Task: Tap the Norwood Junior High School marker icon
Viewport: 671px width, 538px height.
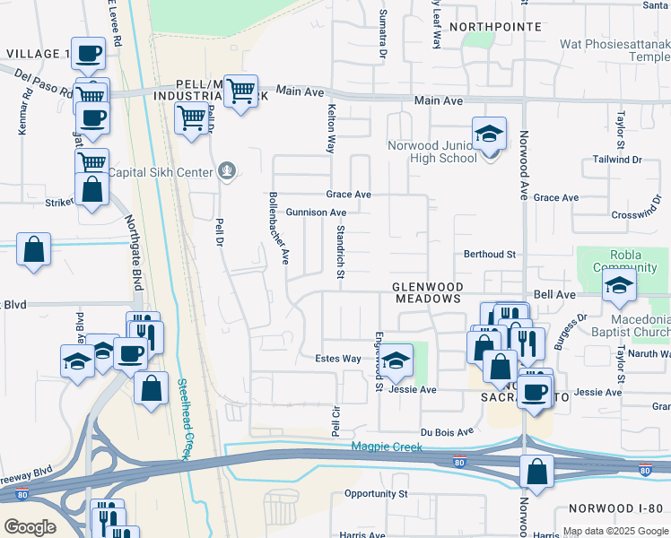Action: pyautogui.click(x=489, y=134)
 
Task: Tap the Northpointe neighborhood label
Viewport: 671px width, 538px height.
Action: pyautogui.click(x=495, y=27)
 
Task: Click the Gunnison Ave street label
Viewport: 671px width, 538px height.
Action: pyautogui.click(x=316, y=213)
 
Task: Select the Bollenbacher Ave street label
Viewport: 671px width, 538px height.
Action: pyautogui.click(x=279, y=228)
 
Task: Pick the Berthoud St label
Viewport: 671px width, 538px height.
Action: pyautogui.click(x=489, y=255)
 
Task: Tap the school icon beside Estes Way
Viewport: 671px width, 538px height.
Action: pyautogui.click(x=394, y=360)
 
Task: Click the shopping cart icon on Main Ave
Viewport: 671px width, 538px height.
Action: pyautogui.click(x=240, y=91)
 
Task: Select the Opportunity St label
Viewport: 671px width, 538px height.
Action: pyautogui.click(x=376, y=493)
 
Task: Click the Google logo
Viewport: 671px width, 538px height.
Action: pyautogui.click(x=30, y=526)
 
